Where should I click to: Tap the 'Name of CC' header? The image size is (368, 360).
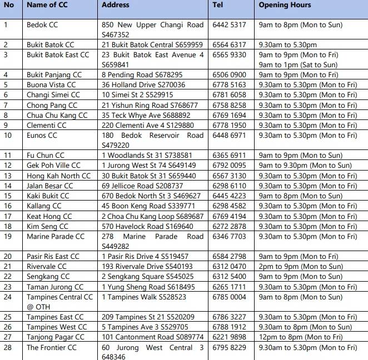(47, 5)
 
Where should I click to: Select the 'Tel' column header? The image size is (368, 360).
(218, 5)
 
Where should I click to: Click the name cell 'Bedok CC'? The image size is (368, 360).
(42, 25)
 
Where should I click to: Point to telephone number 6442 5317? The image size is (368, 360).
(229, 25)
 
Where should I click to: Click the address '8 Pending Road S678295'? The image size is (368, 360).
(142, 75)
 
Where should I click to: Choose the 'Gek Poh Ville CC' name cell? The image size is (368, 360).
(53, 166)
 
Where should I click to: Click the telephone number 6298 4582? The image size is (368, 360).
(229, 206)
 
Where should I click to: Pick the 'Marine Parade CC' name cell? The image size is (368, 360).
(56, 237)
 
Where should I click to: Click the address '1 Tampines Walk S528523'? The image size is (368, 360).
(145, 297)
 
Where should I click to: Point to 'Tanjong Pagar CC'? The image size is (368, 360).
(56, 337)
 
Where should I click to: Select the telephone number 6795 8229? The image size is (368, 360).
(229, 348)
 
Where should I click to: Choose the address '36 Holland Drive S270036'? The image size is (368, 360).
(144, 85)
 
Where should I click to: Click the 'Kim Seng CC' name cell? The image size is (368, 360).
(48, 226)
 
